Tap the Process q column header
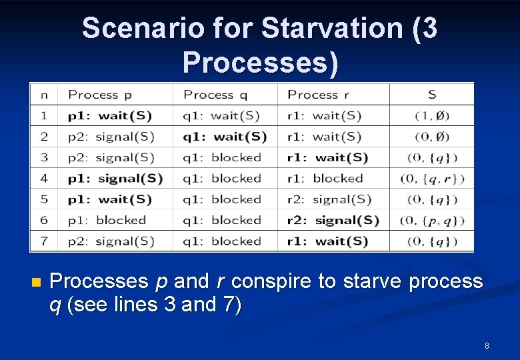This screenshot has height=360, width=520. click(215, 95)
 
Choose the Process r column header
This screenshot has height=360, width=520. click(318, 95)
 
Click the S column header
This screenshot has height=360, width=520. click(432, 95)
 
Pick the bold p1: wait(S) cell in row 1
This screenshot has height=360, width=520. click(110, 115)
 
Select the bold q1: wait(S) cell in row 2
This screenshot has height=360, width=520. click(225, 137)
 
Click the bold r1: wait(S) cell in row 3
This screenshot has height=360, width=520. click(327, 157)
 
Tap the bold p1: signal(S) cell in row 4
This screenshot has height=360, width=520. click(115, 179)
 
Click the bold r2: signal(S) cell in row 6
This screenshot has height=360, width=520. click(333, 220)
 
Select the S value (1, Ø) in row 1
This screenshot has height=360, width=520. click(432, 116)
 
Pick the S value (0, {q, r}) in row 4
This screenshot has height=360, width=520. click(432, 179)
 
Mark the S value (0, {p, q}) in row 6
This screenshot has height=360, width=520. click(432, 221)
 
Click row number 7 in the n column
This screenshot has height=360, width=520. click(44, 241)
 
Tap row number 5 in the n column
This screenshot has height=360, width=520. click(44, 199)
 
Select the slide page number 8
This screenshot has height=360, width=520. click(487, 345)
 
